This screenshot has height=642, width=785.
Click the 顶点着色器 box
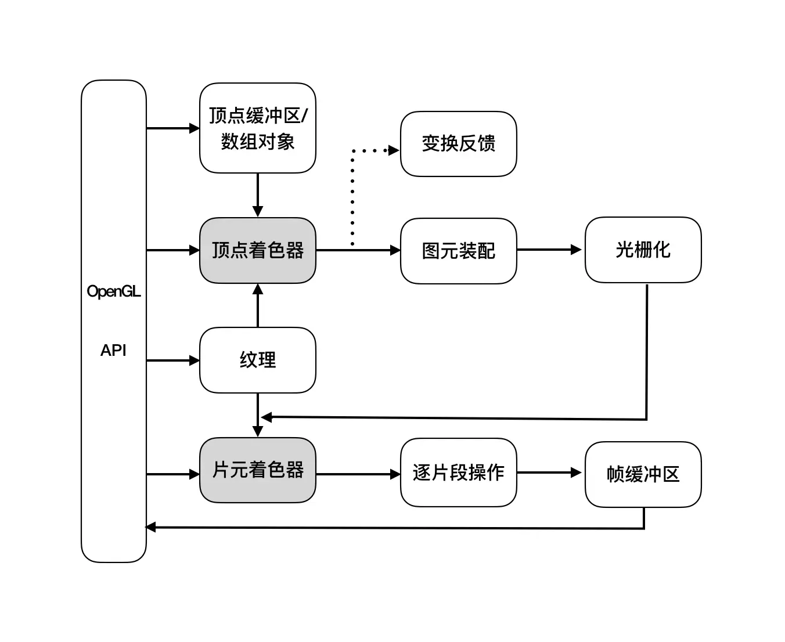[x=258, y=250]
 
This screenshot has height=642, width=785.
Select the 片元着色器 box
[x=258, y=470]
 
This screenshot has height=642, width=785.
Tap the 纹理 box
[x=258, y=360]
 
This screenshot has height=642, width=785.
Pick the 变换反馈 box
[x=458, y=143]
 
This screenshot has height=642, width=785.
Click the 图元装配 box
[x=458, y=251]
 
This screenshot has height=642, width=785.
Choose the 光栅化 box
[x=643, y=250]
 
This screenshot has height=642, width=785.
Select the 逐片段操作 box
[x=458, y=473]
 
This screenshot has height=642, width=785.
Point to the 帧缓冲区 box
[x=643, y=474]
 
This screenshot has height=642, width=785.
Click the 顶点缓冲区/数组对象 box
[x=258, y=128]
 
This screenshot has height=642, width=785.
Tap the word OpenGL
[x=114, y=291]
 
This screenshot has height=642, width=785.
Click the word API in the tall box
[x=113, y=350]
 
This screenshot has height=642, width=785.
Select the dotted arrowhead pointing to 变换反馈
[x=394, y=150]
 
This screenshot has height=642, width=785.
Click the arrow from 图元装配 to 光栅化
[x=549, y=250]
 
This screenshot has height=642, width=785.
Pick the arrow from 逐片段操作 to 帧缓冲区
[x=549, y=473]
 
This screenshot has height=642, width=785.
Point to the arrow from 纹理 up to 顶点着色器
[x=258, y=305]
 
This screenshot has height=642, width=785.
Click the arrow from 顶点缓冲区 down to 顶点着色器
[x=258, y=195]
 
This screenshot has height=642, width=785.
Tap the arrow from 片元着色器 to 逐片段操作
[x=358, y=474]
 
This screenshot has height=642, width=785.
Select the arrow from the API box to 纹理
[x=173, y=360]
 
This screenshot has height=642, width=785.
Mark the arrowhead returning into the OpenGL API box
[x=150, y=527]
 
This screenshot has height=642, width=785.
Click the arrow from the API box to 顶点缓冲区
[x=173, y=128]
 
